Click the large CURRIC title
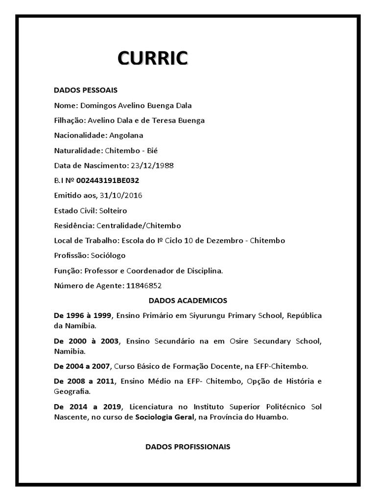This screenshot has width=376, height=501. point(152,58)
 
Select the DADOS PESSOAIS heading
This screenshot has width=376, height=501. point(86,90)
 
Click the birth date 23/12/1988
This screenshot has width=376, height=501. point(152,165)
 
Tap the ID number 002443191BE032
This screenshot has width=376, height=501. point(104,181)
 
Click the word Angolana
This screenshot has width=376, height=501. point(126,136)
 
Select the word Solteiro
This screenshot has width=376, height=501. point(113,211)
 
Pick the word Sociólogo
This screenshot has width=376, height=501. point(108,255)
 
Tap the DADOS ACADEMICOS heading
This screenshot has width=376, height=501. point(188,300)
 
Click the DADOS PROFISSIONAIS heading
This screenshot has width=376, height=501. point(188,447)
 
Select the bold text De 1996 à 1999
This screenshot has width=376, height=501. point(83,316)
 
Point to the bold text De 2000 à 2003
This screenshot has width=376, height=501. point(86,341)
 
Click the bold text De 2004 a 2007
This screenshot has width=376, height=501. point(83,366)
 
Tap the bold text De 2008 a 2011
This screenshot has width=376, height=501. point(84,381)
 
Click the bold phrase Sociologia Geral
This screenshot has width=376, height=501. point(164,417)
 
